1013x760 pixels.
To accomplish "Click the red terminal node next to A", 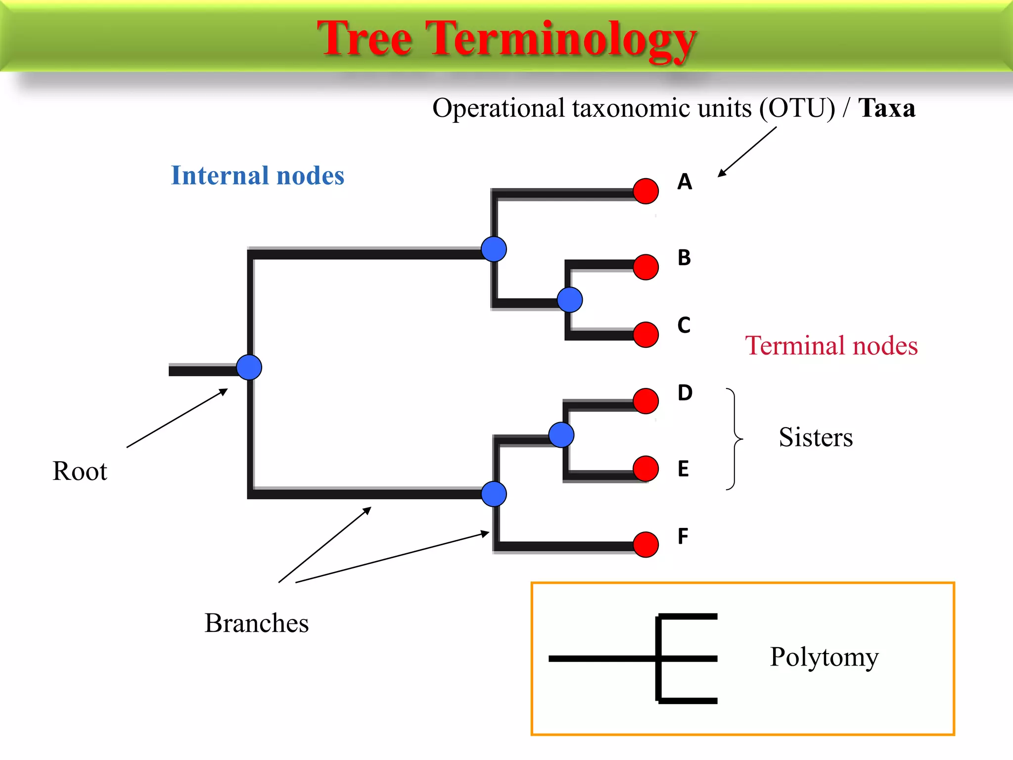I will coord(645,191).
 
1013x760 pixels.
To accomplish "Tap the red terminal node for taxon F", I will coord(645,545).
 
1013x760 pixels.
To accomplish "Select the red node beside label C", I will coord(645,334).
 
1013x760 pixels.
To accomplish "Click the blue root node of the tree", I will coord(249,368).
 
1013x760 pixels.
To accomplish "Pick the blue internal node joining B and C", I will coord(569,300).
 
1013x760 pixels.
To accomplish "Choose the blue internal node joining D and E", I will coord(561,435).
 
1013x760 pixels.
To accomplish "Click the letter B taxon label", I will coord(684,258).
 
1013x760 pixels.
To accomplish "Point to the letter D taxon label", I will coord(685,393).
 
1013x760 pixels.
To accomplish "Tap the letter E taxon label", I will coord(683,469).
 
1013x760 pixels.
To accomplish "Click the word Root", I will coord(80,471).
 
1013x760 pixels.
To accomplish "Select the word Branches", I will coord(256,623).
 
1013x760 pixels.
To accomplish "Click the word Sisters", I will coord(815,437).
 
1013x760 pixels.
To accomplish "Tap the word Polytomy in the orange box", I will coord(824,657).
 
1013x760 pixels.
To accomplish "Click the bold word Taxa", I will coord(886,108).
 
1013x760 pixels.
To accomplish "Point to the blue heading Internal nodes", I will coord(257,175).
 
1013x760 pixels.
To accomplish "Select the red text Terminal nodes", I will coord(831,345).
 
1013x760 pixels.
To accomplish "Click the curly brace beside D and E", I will coord(735,439).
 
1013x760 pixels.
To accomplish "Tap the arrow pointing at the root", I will coord(177,418).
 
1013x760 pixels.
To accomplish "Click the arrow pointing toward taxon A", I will coord(747,151).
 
